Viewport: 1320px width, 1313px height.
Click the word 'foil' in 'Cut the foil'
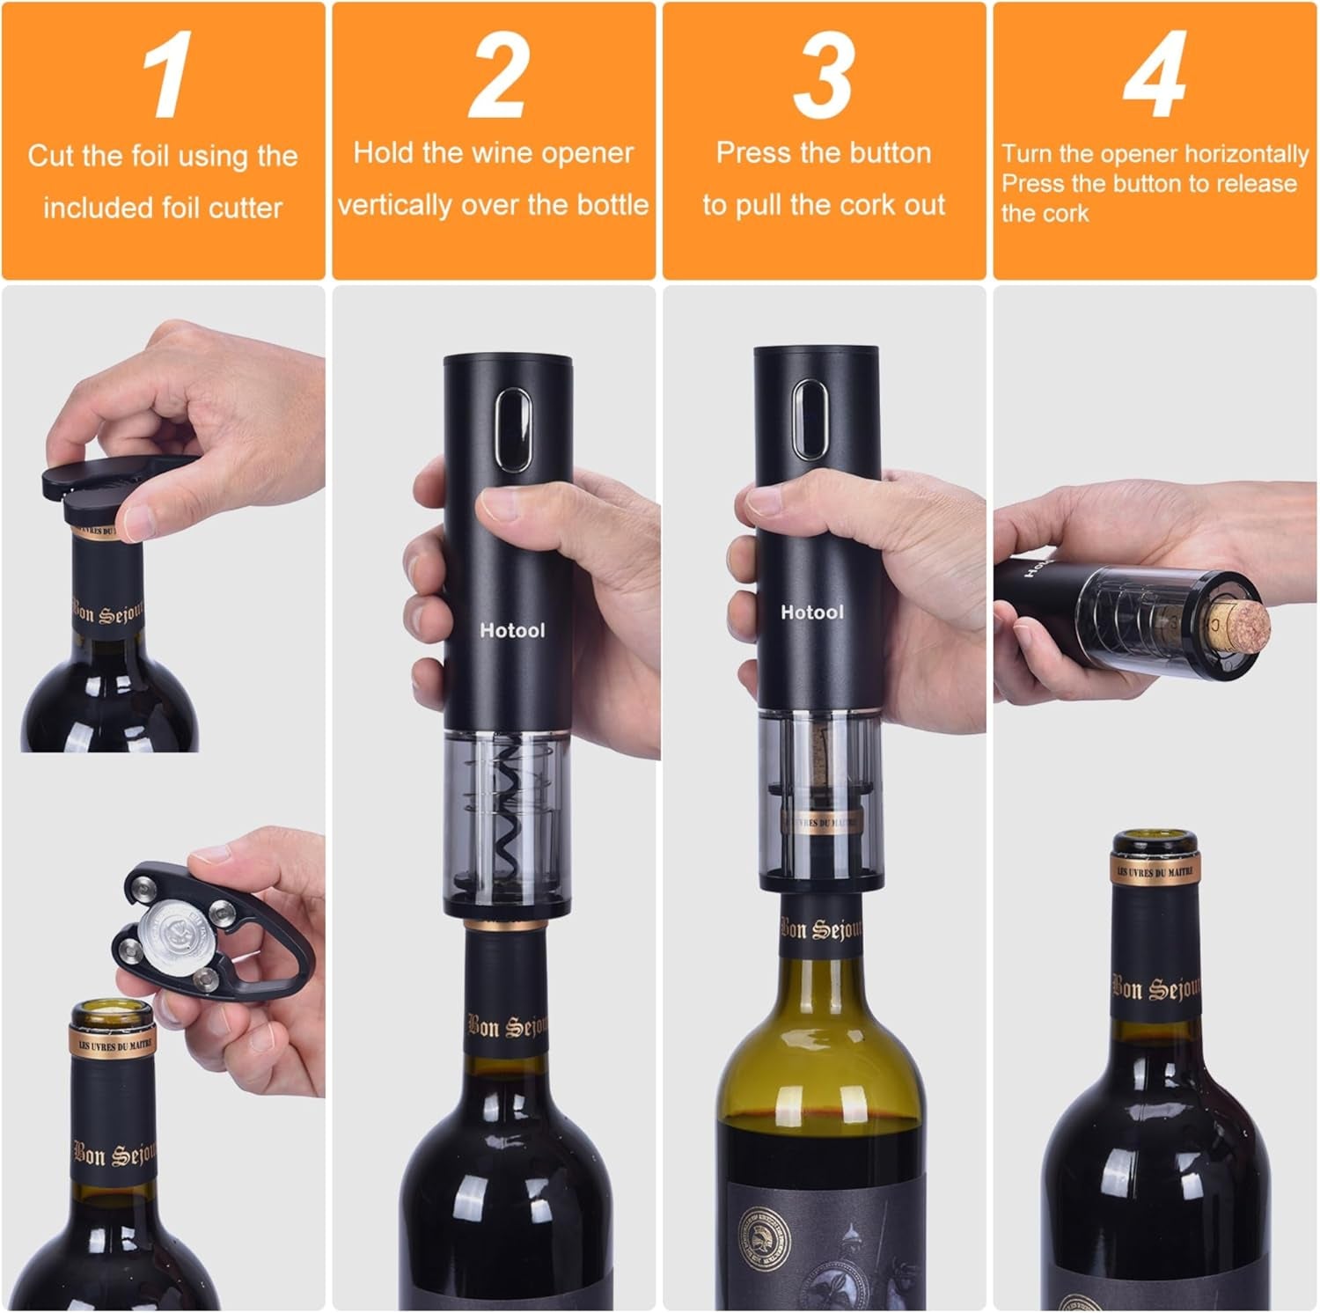[x=150, y=157]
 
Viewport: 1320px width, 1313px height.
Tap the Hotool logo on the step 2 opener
[x=512, y=630]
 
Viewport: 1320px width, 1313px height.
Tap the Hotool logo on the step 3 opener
[x=811, y=612]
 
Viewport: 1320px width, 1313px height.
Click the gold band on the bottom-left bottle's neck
[x=113, y=1041]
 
